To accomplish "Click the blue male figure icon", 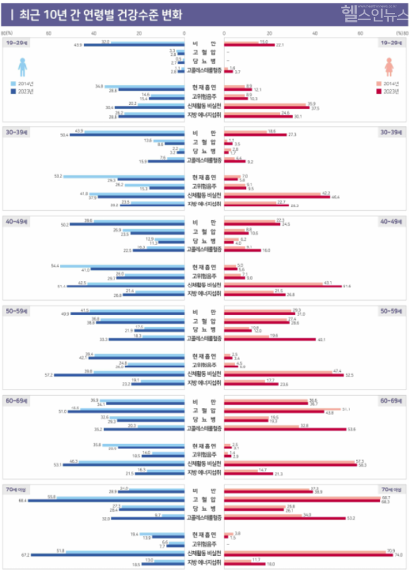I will (22, 66).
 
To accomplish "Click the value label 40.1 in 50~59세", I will (321, 339).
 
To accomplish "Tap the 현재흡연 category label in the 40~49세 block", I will (204, 266).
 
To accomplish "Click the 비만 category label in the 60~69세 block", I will (204, 401).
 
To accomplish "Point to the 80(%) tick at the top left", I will (6, 32).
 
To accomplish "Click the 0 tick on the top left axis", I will (185, 32).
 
